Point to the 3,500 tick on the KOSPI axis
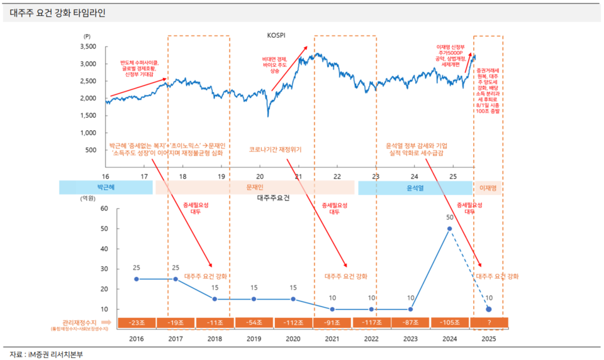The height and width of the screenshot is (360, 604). click(87, 47)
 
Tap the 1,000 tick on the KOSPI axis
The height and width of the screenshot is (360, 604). click(87, 133)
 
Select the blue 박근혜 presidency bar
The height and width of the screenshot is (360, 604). click(106, 188)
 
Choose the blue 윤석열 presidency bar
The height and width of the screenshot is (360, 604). click(415, 188)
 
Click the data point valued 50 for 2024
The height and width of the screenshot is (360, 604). click(449, 228)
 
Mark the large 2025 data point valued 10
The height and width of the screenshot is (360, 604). click(489, 309)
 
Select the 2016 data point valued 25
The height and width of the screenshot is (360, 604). click(137, 279)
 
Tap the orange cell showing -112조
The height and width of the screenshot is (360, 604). click(293, 322)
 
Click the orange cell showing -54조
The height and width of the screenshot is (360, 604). click(254, 322)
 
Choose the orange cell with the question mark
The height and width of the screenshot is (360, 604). click(489, 322)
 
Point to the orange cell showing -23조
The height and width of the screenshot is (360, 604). click(137, 322)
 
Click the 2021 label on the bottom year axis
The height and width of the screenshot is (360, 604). click(332, 339)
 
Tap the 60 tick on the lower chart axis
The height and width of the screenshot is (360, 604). click(104, 208)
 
